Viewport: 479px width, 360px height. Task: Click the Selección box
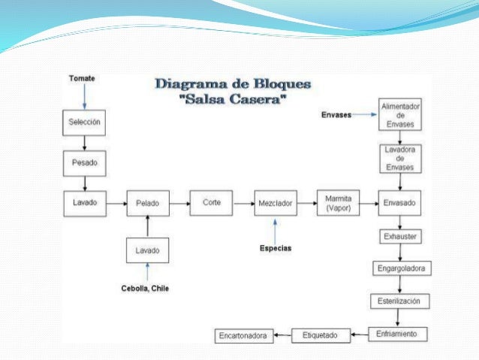84,122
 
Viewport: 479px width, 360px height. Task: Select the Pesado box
84,162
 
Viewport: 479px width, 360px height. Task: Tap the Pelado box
147,203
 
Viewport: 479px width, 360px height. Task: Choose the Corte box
212,202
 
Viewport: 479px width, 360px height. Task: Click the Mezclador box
275,203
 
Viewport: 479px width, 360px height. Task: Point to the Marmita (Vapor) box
338,202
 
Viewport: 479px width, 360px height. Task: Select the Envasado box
400,203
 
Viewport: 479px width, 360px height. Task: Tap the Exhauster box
400,237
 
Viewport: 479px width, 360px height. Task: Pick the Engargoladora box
402,268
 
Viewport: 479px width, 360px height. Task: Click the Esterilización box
400,301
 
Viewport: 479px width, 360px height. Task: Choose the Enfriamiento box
398,333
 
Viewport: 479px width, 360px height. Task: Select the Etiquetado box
320,334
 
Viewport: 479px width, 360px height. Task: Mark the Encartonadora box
243,335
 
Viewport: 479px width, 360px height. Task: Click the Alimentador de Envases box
400,114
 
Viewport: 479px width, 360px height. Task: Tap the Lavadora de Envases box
400,158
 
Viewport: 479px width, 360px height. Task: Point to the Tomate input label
82,78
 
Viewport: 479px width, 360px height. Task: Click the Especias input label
276,247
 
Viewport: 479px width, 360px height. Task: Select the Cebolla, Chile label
146,289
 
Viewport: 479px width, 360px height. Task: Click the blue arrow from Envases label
364,114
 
